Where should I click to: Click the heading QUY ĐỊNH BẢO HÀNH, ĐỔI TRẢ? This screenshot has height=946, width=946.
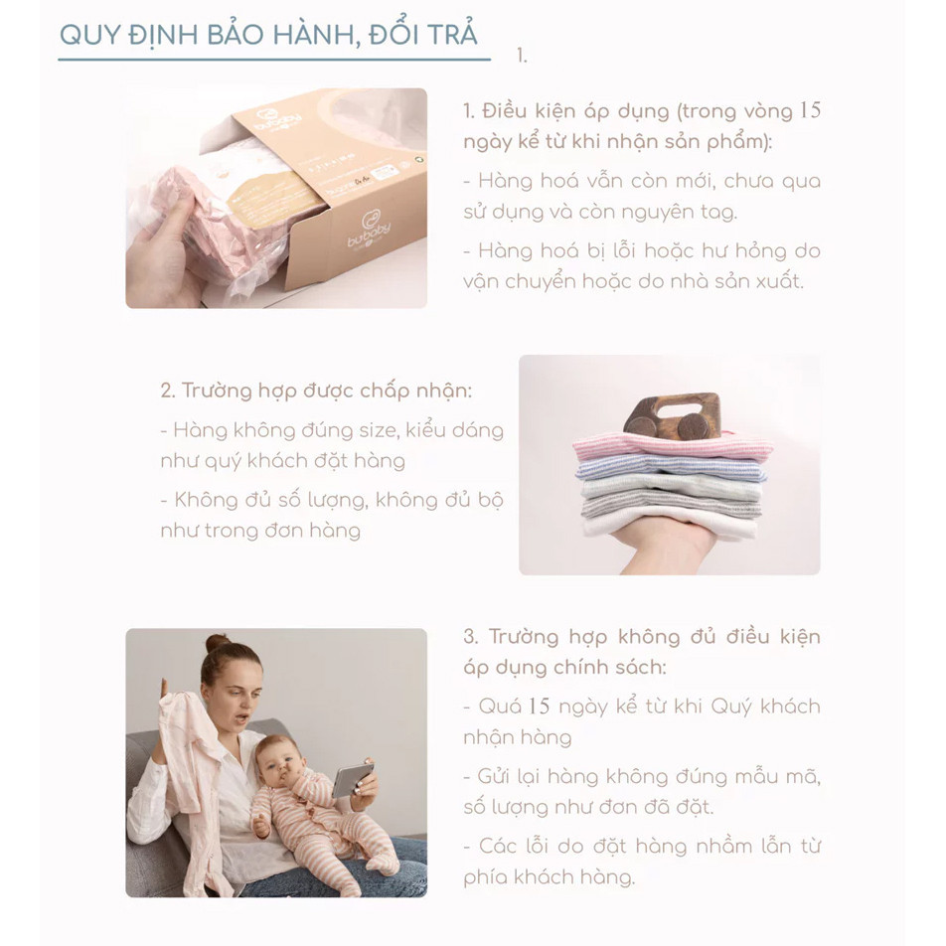(x=268, y=34)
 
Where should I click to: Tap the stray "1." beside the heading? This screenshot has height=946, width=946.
(x=522, y=56)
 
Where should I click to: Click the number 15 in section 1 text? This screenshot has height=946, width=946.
(x=809, y=110)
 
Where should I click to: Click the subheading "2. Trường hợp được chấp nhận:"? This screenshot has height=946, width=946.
(x=316, y=390)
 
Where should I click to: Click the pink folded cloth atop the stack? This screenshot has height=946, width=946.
(x=672, y=448)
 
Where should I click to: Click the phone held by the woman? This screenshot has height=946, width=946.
(x=353, y=778)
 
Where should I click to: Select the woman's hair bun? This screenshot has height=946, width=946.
(x=218, y=643)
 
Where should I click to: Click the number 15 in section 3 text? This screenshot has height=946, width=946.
(x=538, y=707)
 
